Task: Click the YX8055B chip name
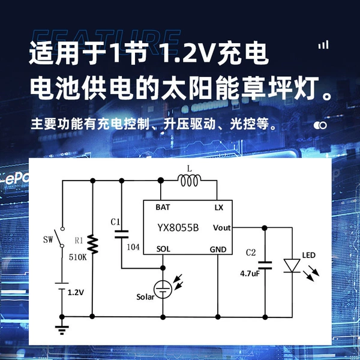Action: pos(178,228)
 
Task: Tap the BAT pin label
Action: pos(163,208)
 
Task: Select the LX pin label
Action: pos(219,208)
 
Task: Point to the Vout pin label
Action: pos(222,228)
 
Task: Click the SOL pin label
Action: pos(163,249)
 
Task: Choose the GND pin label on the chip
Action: pos(218,250)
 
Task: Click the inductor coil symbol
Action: pos(189,181)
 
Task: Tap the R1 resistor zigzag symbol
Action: pos(92,244)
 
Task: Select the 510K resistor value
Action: pos(78,257)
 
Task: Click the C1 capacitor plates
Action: pos(122,234)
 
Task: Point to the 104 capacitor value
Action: pos(133,247)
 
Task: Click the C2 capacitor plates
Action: pos(265,265)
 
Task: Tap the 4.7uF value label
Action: pos(250,274)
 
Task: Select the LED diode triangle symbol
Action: pos(292,266)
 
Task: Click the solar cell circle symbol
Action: pos(163,289)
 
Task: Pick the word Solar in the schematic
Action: pos(145,297)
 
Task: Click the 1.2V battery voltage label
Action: pos(76,293)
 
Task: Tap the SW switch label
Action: pos(48,239)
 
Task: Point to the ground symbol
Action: pos(62,329)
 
